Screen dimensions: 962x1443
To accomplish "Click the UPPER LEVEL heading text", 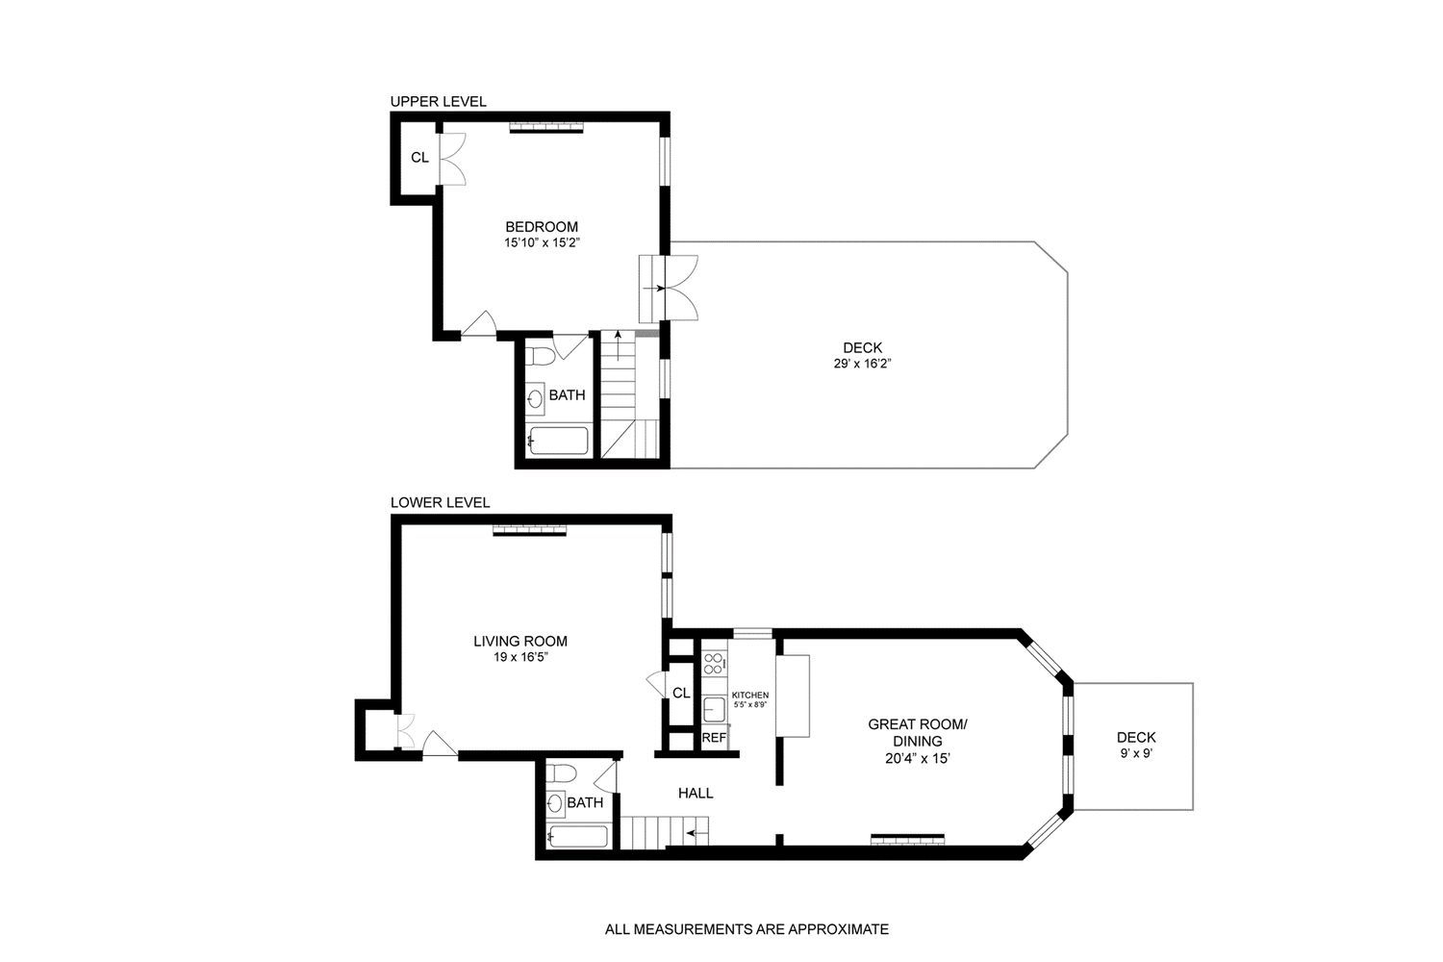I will [438, 101].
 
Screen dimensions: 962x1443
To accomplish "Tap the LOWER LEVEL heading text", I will [440, 502].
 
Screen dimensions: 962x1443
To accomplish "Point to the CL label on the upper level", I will [419, 157].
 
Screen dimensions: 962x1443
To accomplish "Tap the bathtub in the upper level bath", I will [557, 442].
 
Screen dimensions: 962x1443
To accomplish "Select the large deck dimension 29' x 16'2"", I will [862, 364].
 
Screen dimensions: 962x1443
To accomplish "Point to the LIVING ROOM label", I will [519, 641].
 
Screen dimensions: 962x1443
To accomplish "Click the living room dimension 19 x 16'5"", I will [519, 658].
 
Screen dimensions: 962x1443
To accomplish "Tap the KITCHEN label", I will [749, 695].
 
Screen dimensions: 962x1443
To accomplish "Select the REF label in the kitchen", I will [713, 738].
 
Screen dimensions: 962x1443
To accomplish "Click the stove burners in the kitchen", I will [714, 663].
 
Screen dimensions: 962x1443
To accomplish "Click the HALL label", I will [696, 793].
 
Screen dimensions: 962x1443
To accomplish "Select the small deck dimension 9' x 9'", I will [1136, 753].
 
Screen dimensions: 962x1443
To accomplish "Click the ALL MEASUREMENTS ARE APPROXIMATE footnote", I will [747, 929].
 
